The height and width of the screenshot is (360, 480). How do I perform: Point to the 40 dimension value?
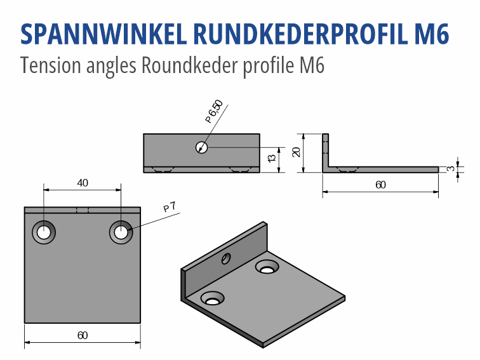[83, 183]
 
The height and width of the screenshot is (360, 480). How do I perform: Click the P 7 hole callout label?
[170, 207]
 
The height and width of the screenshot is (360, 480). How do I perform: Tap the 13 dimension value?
[271, 157]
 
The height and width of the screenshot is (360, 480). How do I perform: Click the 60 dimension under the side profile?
[380, 185]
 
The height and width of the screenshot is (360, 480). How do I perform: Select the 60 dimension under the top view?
[83, 335]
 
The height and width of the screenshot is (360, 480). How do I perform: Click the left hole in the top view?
[43, 232]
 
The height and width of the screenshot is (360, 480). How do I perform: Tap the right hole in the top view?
[121, 232]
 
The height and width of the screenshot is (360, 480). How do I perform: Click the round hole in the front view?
[202, 147]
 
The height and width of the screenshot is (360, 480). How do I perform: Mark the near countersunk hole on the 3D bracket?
[212, 298]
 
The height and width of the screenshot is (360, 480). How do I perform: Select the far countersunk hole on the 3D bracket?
[267, 267]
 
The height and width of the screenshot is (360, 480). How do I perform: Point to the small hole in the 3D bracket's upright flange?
[225, 258]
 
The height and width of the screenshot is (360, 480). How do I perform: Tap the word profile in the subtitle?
[265, 65]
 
